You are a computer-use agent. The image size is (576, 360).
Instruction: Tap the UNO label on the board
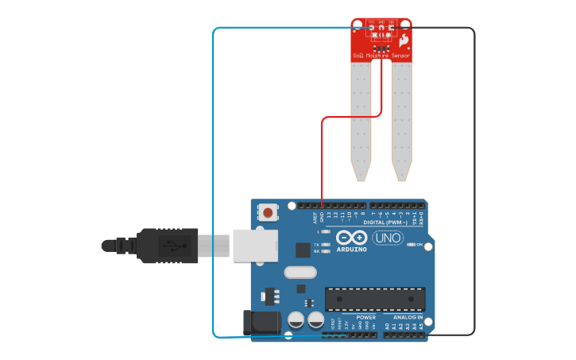(x=388, y=238)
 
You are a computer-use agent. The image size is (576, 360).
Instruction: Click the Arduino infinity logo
(x=350, y=238)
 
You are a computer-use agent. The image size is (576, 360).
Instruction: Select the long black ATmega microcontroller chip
(x=374, y=299)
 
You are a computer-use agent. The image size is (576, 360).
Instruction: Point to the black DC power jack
(x=261, y=323)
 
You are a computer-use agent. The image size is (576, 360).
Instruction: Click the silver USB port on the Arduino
(x=254, y=245)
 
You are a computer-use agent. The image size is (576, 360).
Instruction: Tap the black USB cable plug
(x=167, y=246)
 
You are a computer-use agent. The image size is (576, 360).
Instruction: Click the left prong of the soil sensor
(x=361, y=119)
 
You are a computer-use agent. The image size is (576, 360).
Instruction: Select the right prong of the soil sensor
(x=401, y=119)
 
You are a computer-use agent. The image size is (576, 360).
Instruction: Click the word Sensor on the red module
(x=400, y=56)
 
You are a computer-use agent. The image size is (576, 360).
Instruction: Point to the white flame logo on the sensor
(x=404, y=40)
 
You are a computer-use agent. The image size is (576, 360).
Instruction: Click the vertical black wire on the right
(x=474, y=183)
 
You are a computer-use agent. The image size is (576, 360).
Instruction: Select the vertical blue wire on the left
(x=213, y=183)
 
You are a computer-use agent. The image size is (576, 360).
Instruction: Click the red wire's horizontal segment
(x=350, y=118)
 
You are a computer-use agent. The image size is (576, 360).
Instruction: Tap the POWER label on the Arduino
(x=366, y=317)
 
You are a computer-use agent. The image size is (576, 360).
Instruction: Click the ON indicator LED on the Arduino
(x=411, y=245)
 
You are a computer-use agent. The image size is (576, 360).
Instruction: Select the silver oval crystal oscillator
(x=300, y=273)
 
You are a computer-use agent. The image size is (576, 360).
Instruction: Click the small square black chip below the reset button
(x=303, y=250)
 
